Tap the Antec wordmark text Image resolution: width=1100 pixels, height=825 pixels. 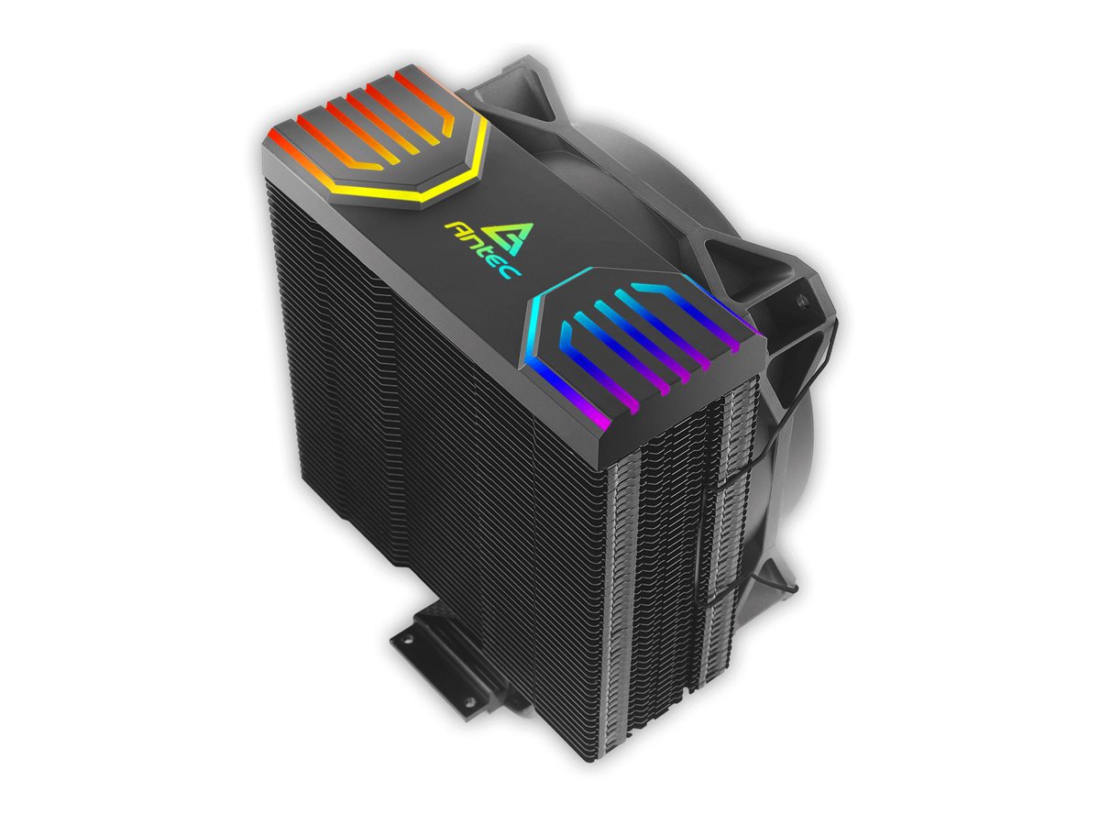(x=482, y=249)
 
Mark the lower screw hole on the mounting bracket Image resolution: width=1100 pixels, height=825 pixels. (x=470, y=700)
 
